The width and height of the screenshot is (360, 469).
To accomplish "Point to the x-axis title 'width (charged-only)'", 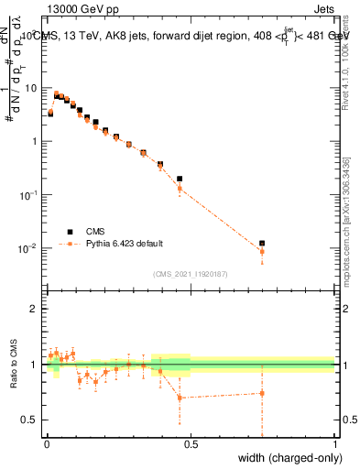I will coord(291,457).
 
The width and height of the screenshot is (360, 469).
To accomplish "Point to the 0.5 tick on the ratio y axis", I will coord(29,420).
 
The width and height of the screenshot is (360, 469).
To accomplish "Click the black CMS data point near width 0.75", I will coord(262,244).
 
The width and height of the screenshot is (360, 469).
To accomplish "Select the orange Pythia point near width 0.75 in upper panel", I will coord(262,251).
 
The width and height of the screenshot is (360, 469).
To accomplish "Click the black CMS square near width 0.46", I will coord(180,179).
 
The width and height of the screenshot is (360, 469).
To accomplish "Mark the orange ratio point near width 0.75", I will coord(262,393).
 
